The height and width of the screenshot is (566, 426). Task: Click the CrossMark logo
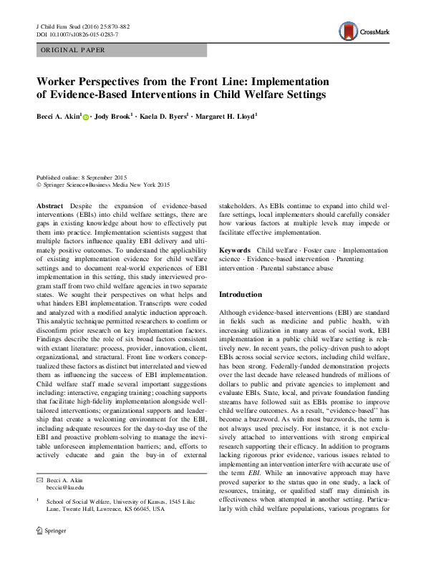(365, 31)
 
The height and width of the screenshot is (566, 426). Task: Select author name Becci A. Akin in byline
(59, 115)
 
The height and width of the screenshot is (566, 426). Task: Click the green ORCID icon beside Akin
(87, 116)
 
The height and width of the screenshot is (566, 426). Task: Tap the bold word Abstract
(49, 205)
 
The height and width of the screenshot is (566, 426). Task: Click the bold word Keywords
(234, 250)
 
